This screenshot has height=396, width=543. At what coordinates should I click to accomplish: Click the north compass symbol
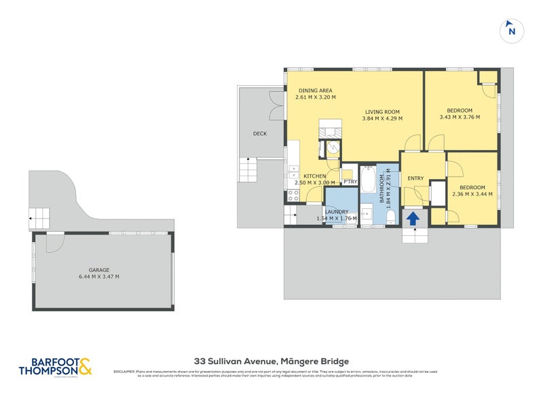(512, 31)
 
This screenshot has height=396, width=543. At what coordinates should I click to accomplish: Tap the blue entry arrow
(413, 218)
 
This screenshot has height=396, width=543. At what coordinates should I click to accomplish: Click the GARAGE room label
(98, 269)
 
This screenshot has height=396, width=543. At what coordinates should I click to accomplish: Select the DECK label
(259, 134)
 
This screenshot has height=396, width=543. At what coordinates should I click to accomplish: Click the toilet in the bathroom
(391, 216)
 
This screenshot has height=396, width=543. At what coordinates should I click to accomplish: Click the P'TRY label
(350, 182)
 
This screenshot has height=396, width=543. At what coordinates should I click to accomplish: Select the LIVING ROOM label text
(382, 112)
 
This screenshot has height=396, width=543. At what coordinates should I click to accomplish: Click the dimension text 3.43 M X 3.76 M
(460, 117)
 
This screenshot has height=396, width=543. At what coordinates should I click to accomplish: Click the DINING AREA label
(315, 90)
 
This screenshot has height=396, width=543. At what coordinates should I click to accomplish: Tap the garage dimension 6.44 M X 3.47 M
(98, 277)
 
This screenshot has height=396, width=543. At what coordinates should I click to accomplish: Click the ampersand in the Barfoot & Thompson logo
(85, 366)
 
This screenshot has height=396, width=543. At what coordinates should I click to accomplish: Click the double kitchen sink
(293, 171)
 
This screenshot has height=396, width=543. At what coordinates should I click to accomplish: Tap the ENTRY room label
(415, 178)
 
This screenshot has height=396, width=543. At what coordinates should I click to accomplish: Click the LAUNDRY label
(337, 212)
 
